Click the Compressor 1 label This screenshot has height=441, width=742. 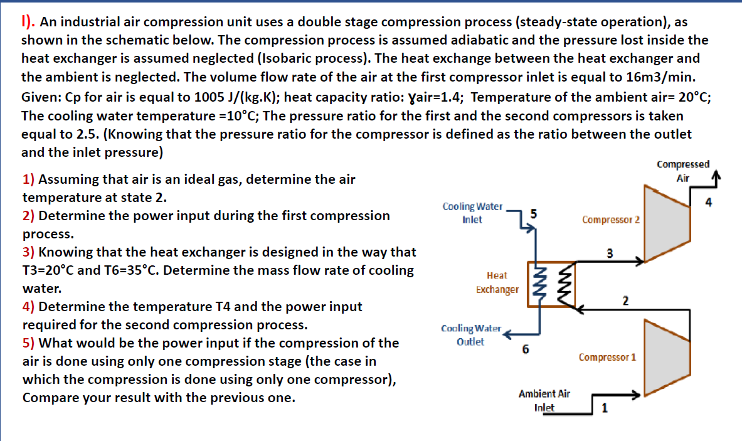pyautogui.click(x=607, y=358)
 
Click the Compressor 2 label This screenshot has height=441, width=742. pyautogui.click(x=610, y=220)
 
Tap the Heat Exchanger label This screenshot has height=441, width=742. pyautogui.click(x=497, y=282)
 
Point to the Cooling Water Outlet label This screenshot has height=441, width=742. pyautogui.click(x=471, y=335)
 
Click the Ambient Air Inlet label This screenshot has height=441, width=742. pyautogui.click(x=544, y=400)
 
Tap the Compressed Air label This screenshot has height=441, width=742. pyautogui.click(x=683, y=171)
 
